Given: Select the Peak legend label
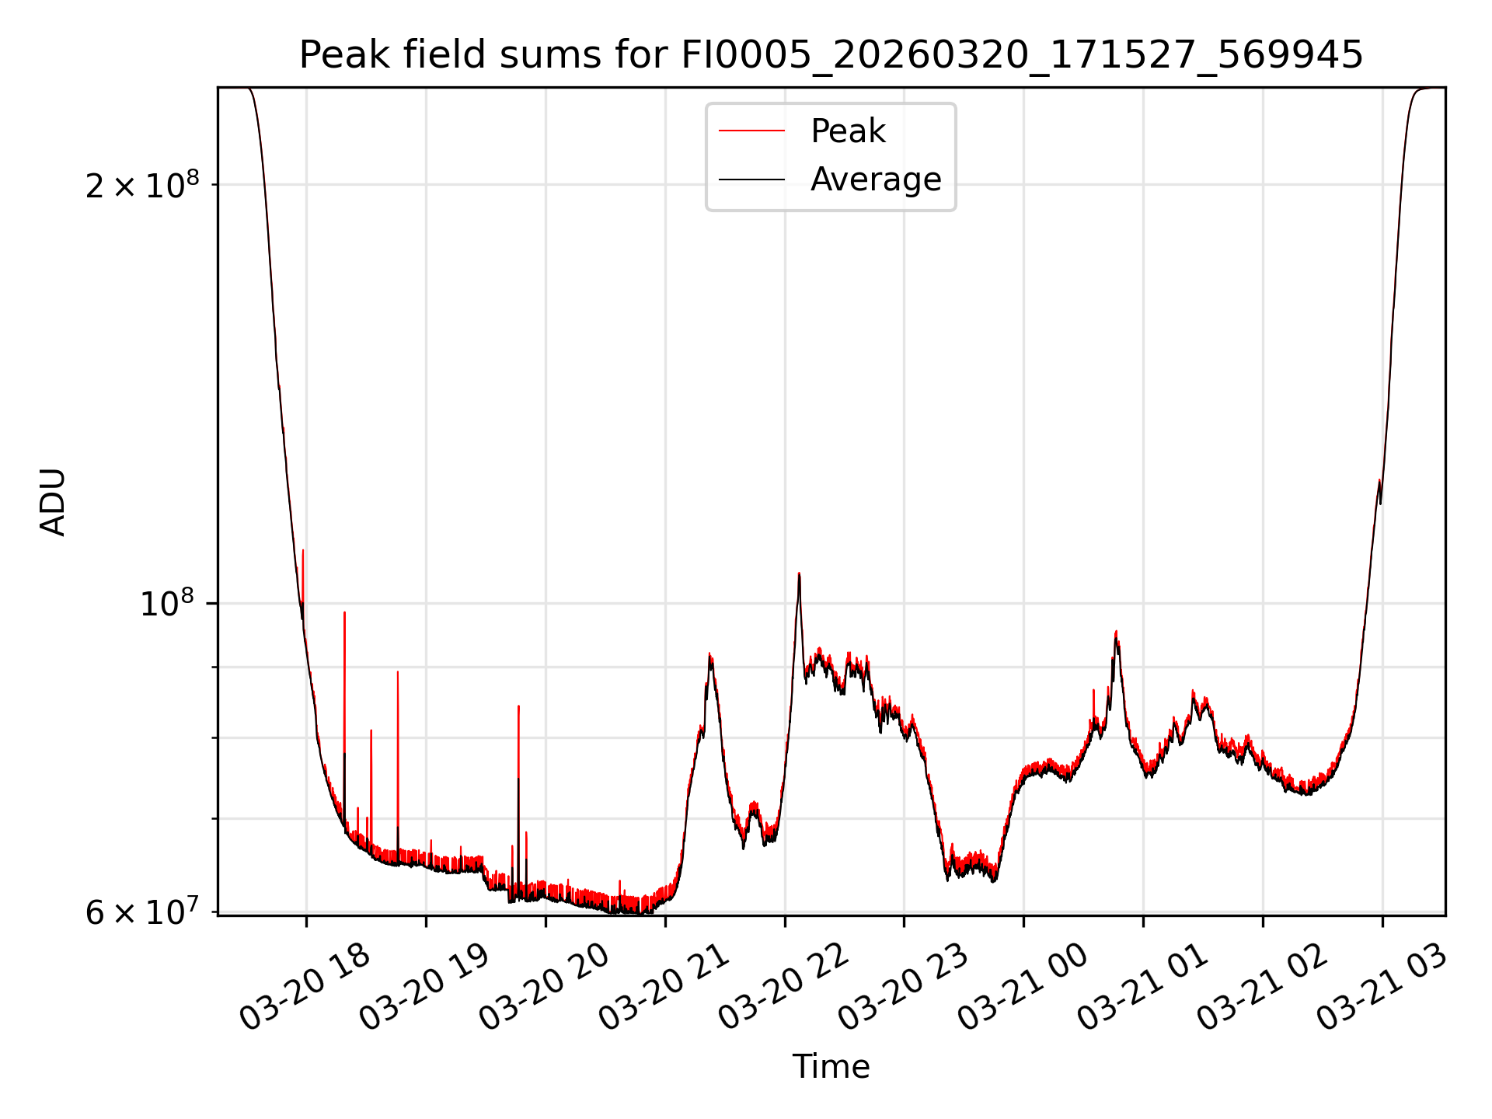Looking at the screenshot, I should point(847,131).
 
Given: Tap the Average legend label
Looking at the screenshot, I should point(875,180).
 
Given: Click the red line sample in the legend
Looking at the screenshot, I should point(751,131).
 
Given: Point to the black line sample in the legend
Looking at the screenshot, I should point(751,180).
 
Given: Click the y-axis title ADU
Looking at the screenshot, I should point(53,502).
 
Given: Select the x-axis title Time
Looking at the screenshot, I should point(831,1067).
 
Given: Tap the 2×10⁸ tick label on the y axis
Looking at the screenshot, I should point(142,186).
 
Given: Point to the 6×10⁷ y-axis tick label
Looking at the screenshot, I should point(142,912).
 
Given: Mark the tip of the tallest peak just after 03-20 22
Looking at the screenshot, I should point(799,573).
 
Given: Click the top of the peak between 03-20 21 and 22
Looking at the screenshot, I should point(709,654).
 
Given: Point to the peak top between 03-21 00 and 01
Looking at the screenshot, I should point(1116,632).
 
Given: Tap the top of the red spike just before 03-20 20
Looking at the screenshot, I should point(518,706).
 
